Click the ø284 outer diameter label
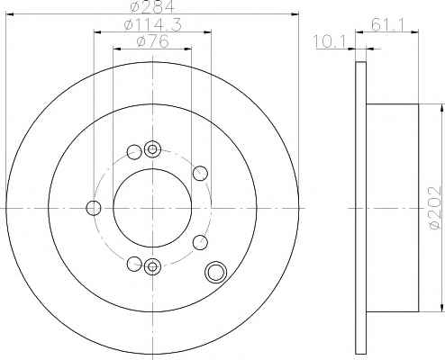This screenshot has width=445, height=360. point(152,6)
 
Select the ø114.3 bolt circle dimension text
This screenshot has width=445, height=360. point(152,24)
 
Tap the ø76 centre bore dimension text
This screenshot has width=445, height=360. point(152,41)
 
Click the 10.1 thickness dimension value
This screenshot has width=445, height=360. point(330,41)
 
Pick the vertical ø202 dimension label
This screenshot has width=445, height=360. point(436,208)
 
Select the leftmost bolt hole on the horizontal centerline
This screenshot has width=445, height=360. point(94,208)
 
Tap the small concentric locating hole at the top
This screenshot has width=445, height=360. point(152,149)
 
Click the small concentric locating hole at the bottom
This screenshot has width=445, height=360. point(152,266)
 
